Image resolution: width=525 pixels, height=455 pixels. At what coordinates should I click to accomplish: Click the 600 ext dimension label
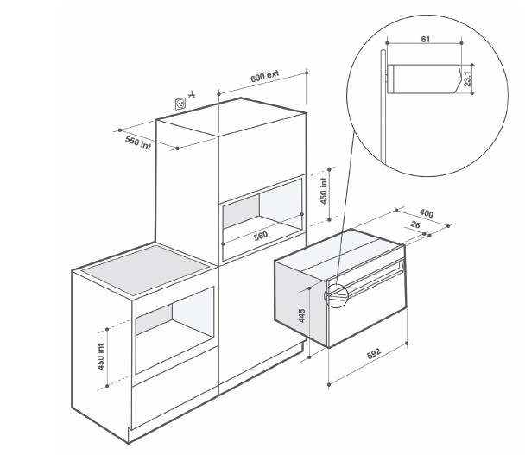click(264, 77)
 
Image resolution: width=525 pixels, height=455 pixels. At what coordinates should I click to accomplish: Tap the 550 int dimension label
click(138, 143)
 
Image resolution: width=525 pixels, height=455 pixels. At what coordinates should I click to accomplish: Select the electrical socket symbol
click(180, 104)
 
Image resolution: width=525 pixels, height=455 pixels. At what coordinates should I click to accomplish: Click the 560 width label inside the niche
click(261, 236)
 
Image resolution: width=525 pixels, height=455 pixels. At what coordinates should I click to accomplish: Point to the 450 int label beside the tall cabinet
click(324, 191)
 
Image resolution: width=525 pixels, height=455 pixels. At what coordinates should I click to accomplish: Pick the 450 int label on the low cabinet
click(101, 357)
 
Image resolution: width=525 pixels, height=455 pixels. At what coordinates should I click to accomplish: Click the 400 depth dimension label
click(427, 213)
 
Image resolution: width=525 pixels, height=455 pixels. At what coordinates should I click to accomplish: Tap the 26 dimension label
click(414, 224)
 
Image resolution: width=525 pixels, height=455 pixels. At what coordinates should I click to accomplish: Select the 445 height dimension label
click(301, 316)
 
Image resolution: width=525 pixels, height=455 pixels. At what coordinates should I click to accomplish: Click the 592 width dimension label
click(374, 354)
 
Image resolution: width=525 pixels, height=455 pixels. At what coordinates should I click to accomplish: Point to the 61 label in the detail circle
click(425, 39)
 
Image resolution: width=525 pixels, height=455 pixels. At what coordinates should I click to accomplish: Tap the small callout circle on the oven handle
click(337, 295)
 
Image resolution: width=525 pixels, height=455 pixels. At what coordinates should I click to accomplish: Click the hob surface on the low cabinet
click(146, 270)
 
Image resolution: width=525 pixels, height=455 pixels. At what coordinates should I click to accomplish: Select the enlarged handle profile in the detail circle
click(425, 79)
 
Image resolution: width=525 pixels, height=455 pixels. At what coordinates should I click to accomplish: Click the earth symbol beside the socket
click(192, 95)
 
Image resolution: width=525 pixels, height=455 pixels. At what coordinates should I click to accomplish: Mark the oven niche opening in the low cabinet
click(174, 330)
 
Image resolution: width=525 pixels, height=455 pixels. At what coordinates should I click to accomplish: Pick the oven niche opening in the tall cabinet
click(262, 219)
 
